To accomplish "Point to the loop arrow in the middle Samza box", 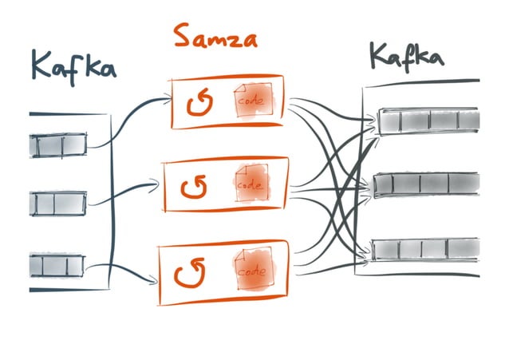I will tap(194, 188).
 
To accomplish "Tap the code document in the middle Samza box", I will tap(250, 185).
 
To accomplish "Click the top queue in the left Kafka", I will tap(57, 144).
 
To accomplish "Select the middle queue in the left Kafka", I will tap(57, 203).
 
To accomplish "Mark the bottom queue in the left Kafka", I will tap(57, 264).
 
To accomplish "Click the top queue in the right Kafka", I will tap(428, 121).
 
